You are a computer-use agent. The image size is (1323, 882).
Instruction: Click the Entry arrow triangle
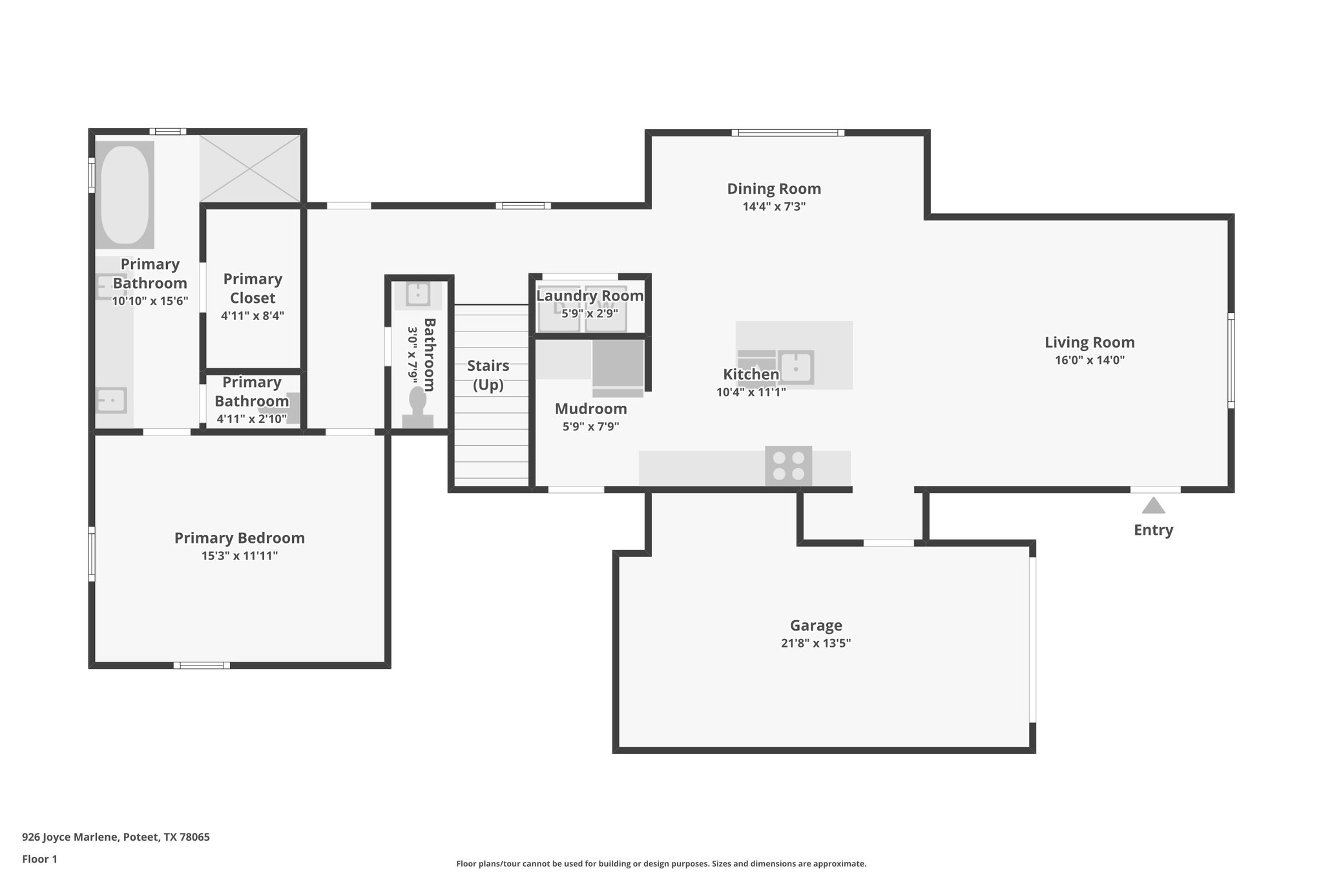1153,505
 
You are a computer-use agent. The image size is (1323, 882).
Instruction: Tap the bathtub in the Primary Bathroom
125,194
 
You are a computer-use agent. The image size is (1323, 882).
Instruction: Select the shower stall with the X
250,169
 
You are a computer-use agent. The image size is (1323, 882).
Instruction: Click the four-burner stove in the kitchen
788,466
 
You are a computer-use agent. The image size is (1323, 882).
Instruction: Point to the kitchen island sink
796,368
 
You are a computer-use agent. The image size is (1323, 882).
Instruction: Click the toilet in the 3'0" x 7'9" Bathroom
417,407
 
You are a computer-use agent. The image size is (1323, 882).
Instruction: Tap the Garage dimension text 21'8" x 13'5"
815,643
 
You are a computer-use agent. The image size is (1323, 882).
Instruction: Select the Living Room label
1089,342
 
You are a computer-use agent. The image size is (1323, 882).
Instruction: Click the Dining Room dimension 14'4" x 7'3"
774,207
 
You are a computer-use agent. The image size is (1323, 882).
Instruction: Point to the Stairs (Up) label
488,375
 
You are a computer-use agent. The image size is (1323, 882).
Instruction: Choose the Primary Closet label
253,288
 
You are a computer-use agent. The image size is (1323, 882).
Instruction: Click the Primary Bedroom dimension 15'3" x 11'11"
239,556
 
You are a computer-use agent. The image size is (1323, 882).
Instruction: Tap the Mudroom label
590,409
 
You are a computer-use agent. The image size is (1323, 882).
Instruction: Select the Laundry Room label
590,296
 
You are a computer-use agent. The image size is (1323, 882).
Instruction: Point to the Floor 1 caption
39,859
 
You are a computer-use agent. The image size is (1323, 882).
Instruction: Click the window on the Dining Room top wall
787,133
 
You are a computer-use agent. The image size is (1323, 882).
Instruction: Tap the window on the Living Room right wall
1231,361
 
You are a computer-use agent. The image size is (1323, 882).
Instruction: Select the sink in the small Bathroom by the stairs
418,294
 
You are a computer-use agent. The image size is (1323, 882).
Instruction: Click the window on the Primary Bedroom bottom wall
202,665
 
